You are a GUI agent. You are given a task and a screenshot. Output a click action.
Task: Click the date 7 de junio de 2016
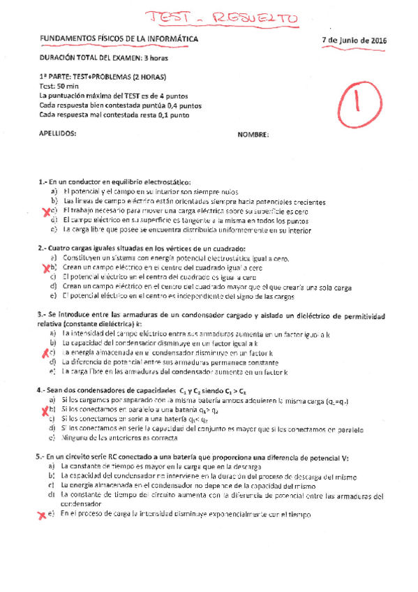pyautogui.click(x=355, y=40)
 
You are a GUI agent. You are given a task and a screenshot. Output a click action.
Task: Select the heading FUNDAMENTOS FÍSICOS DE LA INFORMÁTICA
pyautogui.click(x=119, y=39)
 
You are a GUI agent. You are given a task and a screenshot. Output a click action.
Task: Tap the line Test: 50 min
pyautogui.click(x=61, y=87)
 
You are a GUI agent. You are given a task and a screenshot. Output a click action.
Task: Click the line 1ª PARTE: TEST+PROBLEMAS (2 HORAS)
pyautogui.click(x=103, y=76)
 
